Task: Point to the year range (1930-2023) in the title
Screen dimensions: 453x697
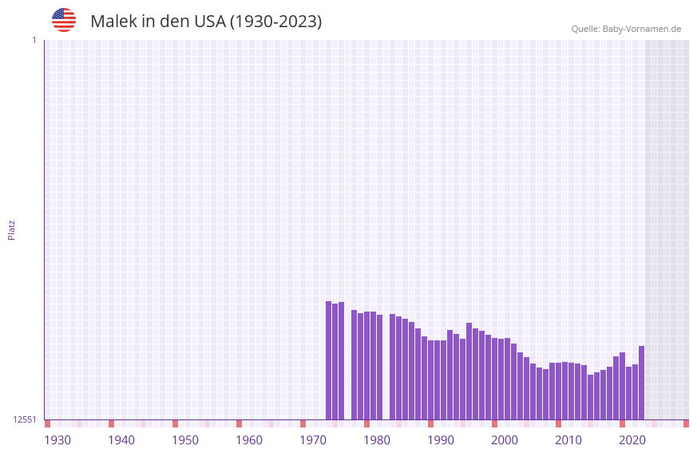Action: pyautogui.click(x=275, y=22)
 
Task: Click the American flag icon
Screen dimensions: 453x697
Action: pyautogui.click(x=64, y=20)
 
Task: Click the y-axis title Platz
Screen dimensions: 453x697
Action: pyautogui.click(x=11, y=229)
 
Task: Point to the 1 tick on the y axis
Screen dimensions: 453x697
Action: pyautogui.click(x=34, y=40)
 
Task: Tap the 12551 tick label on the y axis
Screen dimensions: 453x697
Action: pyautogui.click(x=25, y=419)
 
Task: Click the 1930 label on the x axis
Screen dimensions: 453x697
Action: pyautogui.click(x=57, y=440)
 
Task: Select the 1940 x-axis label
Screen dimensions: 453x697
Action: pyautogui.click(x=121, y=440)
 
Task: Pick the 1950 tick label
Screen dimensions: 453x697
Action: pyautogui.click(x=185, y=440)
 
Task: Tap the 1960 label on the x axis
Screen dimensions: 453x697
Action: pyautogui.click(x=249, y=440)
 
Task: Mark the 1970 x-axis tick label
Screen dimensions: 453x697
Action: pyautogui.click(x=313, y=440)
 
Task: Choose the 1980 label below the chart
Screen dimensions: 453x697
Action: pyautogui.click(x=377, y=440)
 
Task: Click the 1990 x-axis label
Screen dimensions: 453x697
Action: pyautogui.click(x=441, y=440)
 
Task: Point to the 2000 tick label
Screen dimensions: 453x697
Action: pyautogui.click(x=505, y=440)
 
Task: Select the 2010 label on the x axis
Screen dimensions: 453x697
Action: pyautogui.click(x=568, y=440)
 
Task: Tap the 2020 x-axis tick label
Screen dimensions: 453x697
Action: pyautogui.click(x=632, y=440)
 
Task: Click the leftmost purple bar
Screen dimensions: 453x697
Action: pyautogui.click(x=328, y=360)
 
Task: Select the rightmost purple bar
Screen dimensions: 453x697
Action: pyautogui.click(x=641, y=383)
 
